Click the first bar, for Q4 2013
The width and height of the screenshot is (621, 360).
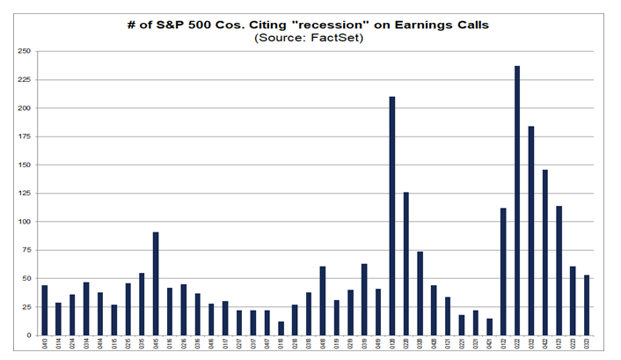44,311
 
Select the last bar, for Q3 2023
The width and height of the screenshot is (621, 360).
588,305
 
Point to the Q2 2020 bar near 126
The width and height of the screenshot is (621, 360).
405,263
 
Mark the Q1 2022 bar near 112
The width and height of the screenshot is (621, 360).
503,272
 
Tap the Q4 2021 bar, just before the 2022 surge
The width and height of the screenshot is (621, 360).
489,327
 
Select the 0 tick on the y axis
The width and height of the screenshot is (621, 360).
27,335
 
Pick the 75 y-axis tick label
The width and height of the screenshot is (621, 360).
25,250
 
